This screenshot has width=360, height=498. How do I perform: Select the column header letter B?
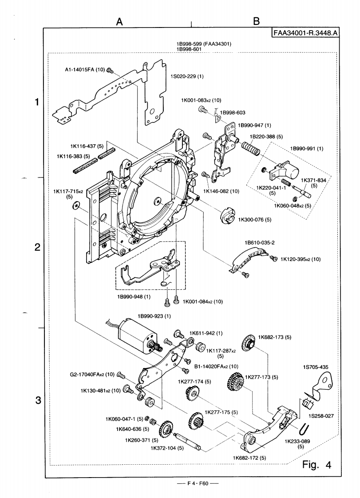tap(256, 21)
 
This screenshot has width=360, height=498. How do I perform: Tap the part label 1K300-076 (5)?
tap(255, 219)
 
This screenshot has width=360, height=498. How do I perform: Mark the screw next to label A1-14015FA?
tap(111, 70)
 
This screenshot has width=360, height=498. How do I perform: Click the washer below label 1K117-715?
tap(76, 205)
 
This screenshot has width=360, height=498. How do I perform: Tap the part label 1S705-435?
tap(317, 367)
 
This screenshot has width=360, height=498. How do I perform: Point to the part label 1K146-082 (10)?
tap(222, 191)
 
